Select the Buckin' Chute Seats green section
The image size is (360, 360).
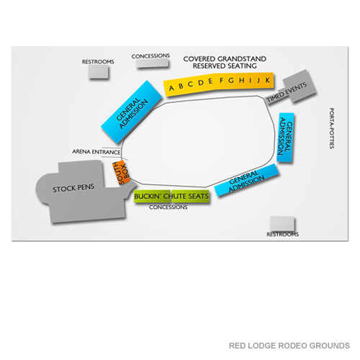pyautogui.click(x=171, y=196)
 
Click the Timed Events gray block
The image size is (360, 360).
pyautogui.click(x=288, y=89)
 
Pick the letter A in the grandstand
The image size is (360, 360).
pyautogui.click(x=171, y=89)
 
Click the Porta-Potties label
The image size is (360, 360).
pyautogui.click(x=332, y=128)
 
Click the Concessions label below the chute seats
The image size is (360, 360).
pyautogui.click(x=168, y=207)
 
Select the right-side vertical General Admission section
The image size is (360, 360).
pyautogui.click(x=287, y=137)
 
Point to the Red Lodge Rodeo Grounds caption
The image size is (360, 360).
pyautogui.click(x=289, y=346)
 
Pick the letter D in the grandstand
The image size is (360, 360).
pyautogui.click(x=201, y=84)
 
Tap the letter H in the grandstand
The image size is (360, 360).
pyautogui.click(x=240, y=80)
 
